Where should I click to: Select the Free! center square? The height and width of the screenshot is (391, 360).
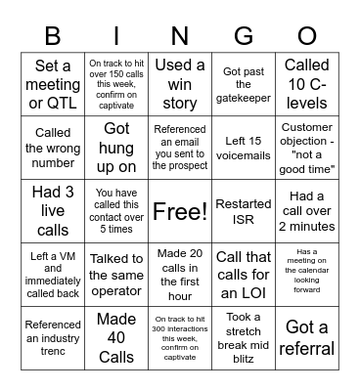pos(180,211)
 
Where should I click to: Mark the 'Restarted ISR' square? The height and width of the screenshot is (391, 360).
pos(244,211)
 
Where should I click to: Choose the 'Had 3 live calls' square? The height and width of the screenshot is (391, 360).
pos(53,211)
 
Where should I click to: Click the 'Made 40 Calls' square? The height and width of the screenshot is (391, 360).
pos(116,337)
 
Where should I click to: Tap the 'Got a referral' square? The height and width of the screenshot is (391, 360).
pos(307,337)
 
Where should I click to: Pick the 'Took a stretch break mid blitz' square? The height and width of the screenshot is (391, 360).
pos(244,337)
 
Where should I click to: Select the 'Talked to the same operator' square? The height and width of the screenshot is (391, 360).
pos(116,275)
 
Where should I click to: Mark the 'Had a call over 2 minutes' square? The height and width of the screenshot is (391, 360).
pos(307,211)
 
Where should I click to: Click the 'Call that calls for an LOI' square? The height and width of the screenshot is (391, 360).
pos(244,275)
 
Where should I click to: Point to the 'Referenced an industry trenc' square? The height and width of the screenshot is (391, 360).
pos(53,337)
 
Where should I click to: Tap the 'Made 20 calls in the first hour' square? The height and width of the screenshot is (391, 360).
pos(180,275)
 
